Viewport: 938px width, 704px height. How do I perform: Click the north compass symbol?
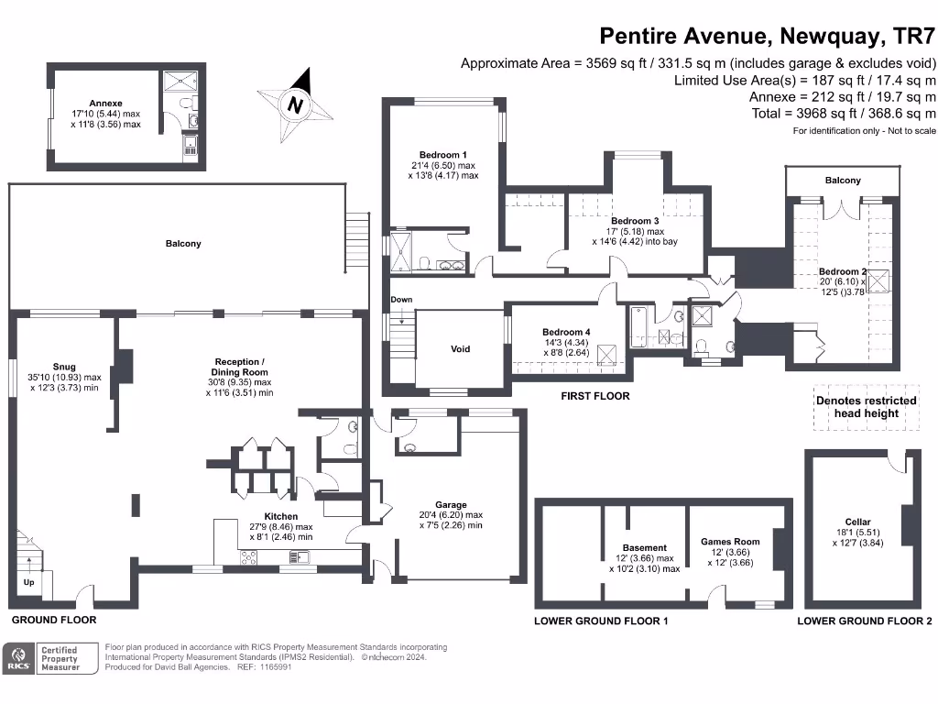[x=295, y=104]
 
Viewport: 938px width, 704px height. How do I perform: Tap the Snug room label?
[x=64, y=367]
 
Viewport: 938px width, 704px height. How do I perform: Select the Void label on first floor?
[x=460, y=349]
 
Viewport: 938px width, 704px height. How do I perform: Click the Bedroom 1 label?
[x=443, y=155]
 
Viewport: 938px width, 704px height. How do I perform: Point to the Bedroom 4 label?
[x=566, y=332]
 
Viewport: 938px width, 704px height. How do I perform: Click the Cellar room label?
[x=858, y=522]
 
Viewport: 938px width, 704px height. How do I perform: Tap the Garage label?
[x=451, y=505]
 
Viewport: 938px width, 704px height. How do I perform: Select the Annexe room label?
[x=105, y=104]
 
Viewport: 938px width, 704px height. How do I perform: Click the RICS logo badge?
[x=17, y=658]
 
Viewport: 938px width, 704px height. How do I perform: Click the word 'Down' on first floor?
[x=401, y=300]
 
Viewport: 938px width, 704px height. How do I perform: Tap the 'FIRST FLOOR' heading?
[x=595, y=396]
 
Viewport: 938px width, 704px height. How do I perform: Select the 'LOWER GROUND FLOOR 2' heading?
[x=864, y=621]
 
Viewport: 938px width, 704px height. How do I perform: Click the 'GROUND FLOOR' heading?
[x=54, y=621]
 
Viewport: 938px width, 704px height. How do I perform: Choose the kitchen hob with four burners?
[x=250, y=556]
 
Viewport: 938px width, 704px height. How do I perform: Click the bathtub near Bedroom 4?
[x=638, y=326]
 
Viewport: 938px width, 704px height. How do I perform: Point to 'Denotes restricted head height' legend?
[x=866, y=406]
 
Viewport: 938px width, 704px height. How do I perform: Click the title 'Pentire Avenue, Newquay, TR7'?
[x=768, y=36]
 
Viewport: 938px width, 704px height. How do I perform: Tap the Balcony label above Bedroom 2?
[x=843, y=181]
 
